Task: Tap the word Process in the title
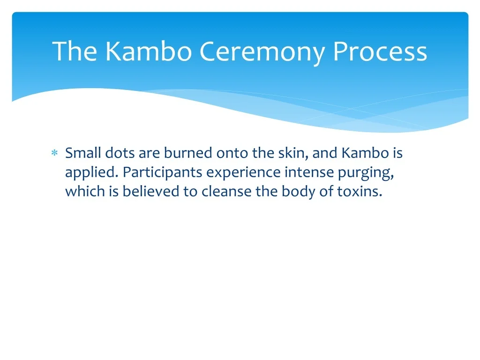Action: tap(380, 52)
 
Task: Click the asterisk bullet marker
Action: tap(54, 152)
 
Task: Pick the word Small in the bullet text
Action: tap(83, 153)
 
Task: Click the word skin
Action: tap(293, 153)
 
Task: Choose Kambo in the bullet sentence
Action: tap(365, 153)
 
